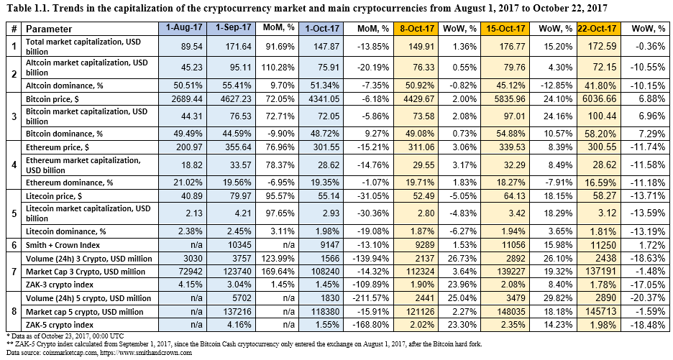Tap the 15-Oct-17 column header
click(x=505, y=29)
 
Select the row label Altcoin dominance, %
click(x=65, y=85)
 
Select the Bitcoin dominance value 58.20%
click(x=600, y=134)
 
